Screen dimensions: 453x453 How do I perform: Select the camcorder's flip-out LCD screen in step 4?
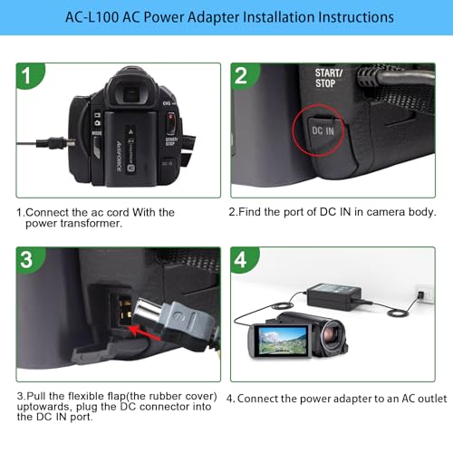coord(282,342)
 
